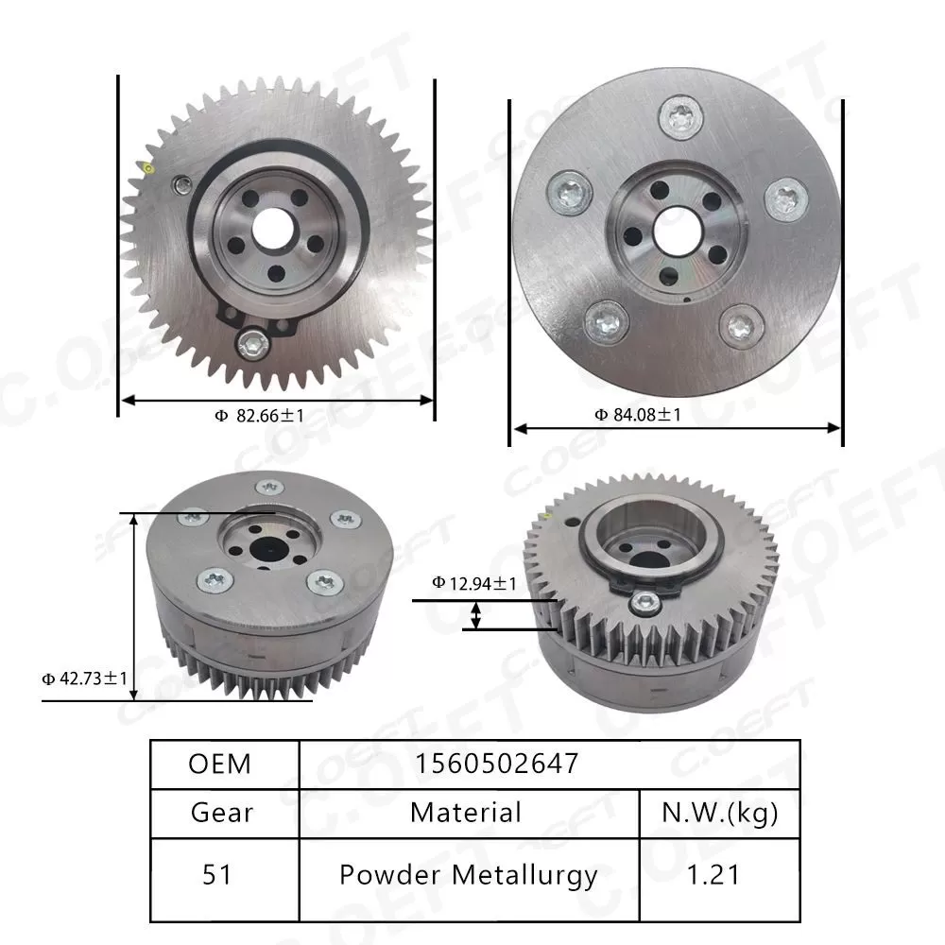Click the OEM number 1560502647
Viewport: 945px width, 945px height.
(x=495, y=764)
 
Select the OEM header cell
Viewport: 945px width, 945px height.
(x=220, y=764)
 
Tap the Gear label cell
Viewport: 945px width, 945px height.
(x=221, y=812)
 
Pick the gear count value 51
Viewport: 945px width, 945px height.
(x=217, y=874)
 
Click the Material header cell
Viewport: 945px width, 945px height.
(x=465, y=812)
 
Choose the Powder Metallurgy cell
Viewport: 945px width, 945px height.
(x=468, y=874)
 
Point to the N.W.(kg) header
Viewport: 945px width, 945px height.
(x=720, y=812)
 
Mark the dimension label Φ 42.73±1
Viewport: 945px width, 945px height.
(x=85, y=678)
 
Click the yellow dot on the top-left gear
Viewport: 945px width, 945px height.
(x=149, y=168)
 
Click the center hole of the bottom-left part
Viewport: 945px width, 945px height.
(x=267, y=548)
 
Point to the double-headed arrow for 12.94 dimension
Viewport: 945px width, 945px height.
(x=476, y=615)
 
